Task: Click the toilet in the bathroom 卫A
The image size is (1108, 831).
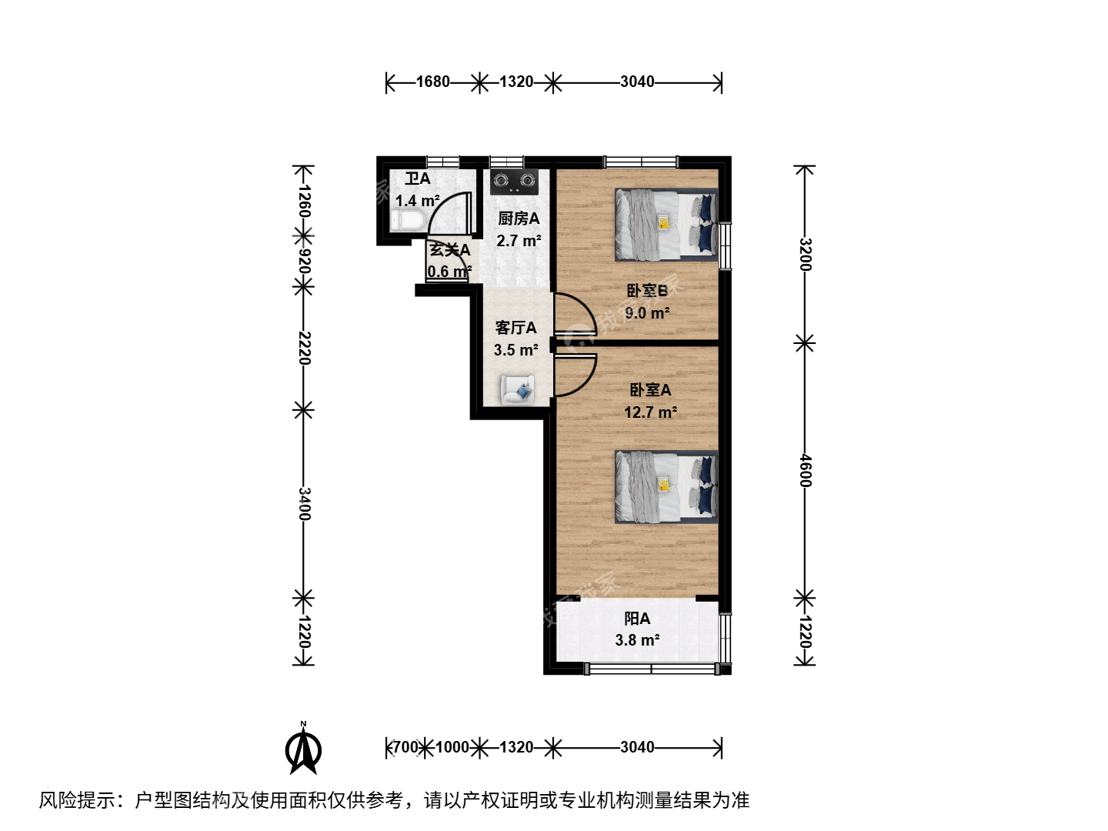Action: [407, 221]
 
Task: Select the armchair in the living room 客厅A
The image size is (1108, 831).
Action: [517, 389]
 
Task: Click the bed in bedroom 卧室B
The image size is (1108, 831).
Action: [666, 225]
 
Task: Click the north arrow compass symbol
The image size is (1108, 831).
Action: [303, 748]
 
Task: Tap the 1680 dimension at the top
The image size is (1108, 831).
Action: [432, 82]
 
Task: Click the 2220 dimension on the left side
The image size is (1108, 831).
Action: [305, 348]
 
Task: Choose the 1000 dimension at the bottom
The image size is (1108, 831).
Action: [452, 746]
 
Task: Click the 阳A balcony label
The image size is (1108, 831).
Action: [637, 619]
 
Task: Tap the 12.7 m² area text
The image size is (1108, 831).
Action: [650, 412]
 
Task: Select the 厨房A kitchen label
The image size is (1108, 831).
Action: [519, 219]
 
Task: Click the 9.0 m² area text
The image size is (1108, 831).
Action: [647, 313]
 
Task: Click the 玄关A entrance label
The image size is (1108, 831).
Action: [450, 250]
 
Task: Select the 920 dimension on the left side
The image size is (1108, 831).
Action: [305, 262]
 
